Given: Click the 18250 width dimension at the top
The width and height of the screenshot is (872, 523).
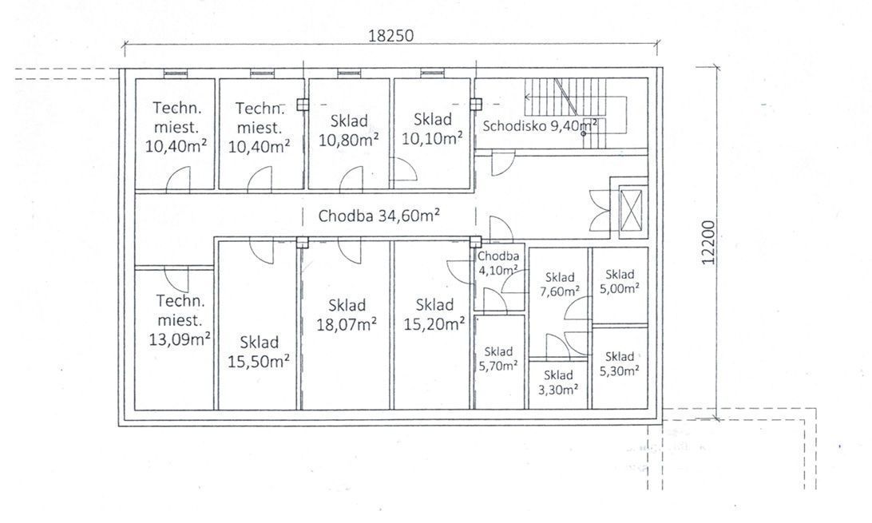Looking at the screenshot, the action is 391,36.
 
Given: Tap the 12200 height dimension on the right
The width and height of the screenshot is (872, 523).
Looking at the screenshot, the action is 708,243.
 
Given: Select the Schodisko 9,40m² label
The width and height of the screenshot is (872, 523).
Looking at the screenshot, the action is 540,125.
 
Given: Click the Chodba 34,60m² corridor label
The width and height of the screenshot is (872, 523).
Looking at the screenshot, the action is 379,216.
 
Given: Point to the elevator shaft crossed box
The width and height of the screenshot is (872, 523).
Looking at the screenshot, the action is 631,209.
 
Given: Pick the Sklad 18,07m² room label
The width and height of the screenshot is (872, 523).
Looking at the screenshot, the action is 347,314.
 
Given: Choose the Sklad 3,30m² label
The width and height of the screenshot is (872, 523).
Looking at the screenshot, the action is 558,382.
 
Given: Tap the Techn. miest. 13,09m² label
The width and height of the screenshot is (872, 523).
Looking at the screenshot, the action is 180,320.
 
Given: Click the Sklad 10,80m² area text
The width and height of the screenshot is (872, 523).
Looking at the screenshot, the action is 349,130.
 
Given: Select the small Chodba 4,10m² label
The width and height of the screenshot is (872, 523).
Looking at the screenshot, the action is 498,263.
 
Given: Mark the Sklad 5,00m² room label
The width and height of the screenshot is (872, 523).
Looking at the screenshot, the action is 620,281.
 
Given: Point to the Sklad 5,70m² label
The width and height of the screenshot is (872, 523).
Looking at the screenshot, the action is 498,359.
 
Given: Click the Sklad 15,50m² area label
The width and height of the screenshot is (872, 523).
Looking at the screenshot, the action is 259,352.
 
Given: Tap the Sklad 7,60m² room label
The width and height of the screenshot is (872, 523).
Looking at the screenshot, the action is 560,284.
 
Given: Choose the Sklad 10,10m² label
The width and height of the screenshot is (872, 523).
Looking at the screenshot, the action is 432,129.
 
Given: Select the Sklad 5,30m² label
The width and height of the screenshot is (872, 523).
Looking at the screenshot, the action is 620,363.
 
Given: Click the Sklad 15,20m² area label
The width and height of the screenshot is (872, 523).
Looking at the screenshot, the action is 434,314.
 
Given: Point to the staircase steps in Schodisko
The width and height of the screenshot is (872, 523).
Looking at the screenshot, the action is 566,113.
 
